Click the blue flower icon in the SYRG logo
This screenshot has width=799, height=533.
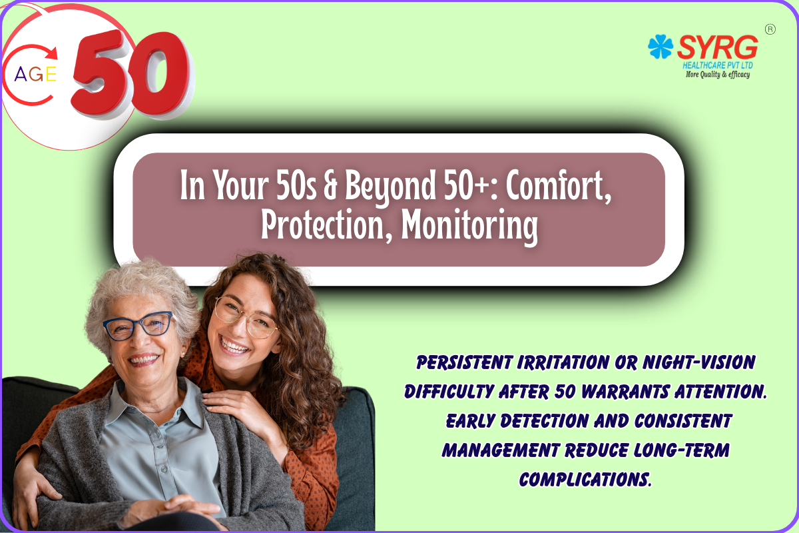pos(661,47)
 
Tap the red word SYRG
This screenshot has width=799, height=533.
pos(718,47)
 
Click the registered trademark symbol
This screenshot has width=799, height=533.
pos(770,29)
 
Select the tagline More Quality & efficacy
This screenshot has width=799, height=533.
pos(718,74)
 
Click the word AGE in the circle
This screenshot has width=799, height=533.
pos(35,74)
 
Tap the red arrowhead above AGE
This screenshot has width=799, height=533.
pos(52,53)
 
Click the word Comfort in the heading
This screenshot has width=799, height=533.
pos(559,186)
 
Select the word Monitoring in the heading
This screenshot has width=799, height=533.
pos(469,226)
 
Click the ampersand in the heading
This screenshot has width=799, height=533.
pos(330,186)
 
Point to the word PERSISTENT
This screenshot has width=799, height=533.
pos(465,362)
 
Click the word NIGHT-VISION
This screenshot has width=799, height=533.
pos(698,362)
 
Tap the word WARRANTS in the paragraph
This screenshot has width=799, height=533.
pos(625,392)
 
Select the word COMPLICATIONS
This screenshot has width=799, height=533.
pos(585,480)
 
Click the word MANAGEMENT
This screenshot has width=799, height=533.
pos(500,450)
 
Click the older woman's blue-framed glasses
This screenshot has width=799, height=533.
pos(138,326)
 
